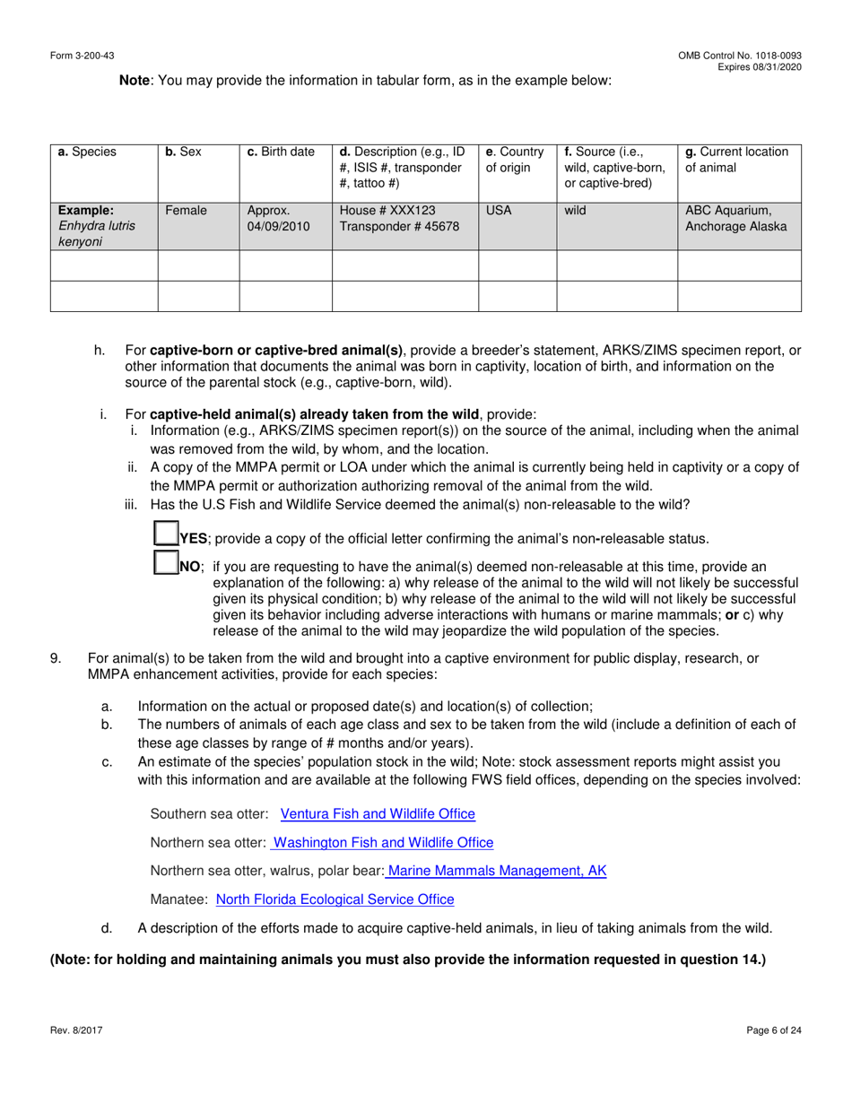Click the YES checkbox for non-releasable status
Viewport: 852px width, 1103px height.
click(x=165, y=535)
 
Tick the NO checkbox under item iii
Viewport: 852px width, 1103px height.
click(x=165, y=564)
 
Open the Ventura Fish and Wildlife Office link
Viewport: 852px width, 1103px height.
click(x=378, y=814)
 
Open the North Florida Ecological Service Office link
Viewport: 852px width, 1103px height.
click(x=335, y=899)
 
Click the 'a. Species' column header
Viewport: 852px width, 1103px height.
click(x=87, y=152)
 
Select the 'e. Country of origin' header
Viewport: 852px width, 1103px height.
click(x=515, y=160)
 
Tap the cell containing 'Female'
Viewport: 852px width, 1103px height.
click(x=186, y=212)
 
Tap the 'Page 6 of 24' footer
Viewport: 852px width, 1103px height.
click(x=773, y=1030)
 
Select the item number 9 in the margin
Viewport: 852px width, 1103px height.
click(x=56, y=658)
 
